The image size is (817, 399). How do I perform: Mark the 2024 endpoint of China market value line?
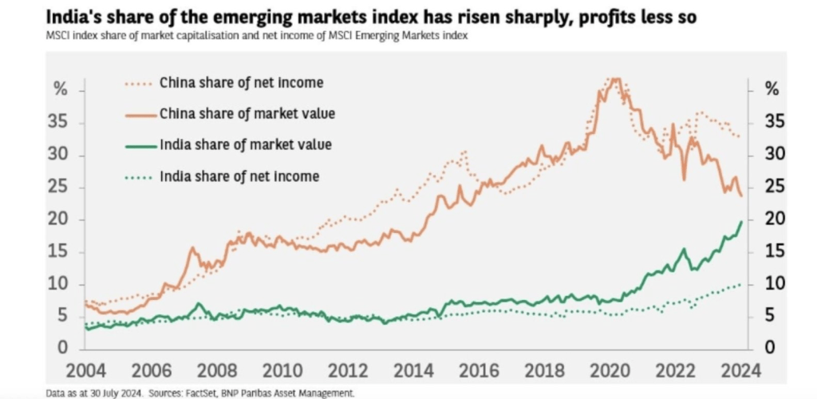pyautogui.click(x=741, y=196)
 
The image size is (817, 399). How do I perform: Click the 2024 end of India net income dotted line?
pyautogui.click(x=741, y=284)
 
